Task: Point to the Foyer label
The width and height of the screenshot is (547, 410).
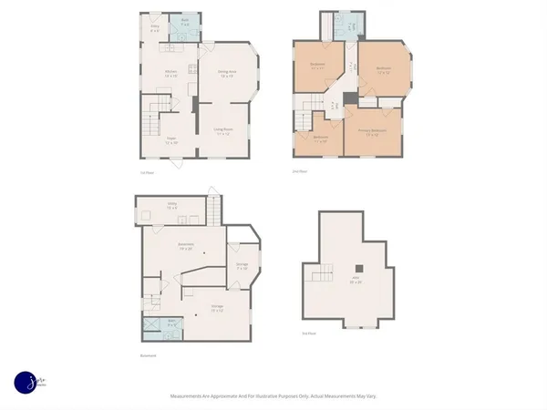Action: point(170,142)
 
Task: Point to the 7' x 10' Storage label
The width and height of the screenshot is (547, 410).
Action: point(243,266)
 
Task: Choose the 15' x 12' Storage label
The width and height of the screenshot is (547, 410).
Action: point(218,308)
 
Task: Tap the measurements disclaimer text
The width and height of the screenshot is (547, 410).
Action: point(273,396)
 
